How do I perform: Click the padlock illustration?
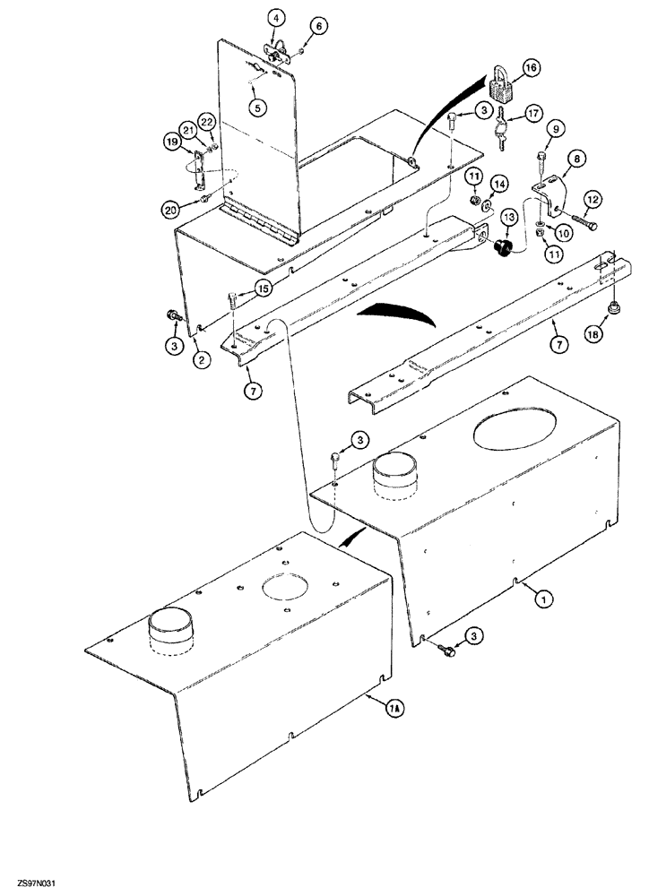502,88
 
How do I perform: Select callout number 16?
532,68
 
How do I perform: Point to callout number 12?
593,198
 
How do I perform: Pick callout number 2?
202,360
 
